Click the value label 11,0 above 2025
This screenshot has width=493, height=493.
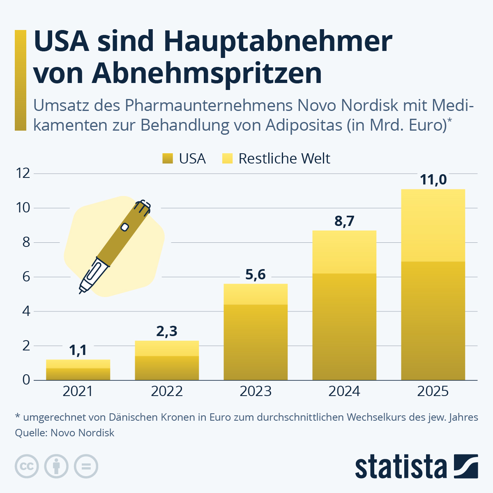pyautogui.click(x=433, y=180)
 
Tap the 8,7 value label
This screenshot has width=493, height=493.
pyautogui.click(x=344, y=221)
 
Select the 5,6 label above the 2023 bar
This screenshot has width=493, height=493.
pyautogui.click(x=256, y=274)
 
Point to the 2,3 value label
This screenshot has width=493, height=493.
pyautogui.click(x=167, y=331)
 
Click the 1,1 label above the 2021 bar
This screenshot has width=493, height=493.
pyautogui.click(x=78, y=350)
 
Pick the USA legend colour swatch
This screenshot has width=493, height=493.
pyautogui.click(x=168, y=159)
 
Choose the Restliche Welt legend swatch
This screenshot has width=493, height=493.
pyautogui.click(x=227, y=159)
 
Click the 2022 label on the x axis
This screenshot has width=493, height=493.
pyautogui.click(x=167, y=391)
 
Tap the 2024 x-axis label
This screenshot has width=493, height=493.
pyautogui.click(x=344, y=391)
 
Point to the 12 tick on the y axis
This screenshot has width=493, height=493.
pyautogui.click(x=23, y=173)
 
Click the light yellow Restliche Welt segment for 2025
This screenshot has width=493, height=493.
pyautogui.click(x=433, y=225)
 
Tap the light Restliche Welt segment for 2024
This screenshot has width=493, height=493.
pyautogui.click(x=344, y=252)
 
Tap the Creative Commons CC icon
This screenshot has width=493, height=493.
pyautogui.click(x=27, y=466)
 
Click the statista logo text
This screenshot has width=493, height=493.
pyautogui.click(x=401, y=467)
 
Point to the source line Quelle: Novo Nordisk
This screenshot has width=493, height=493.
pyautogui.click(x=65, y=433)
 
